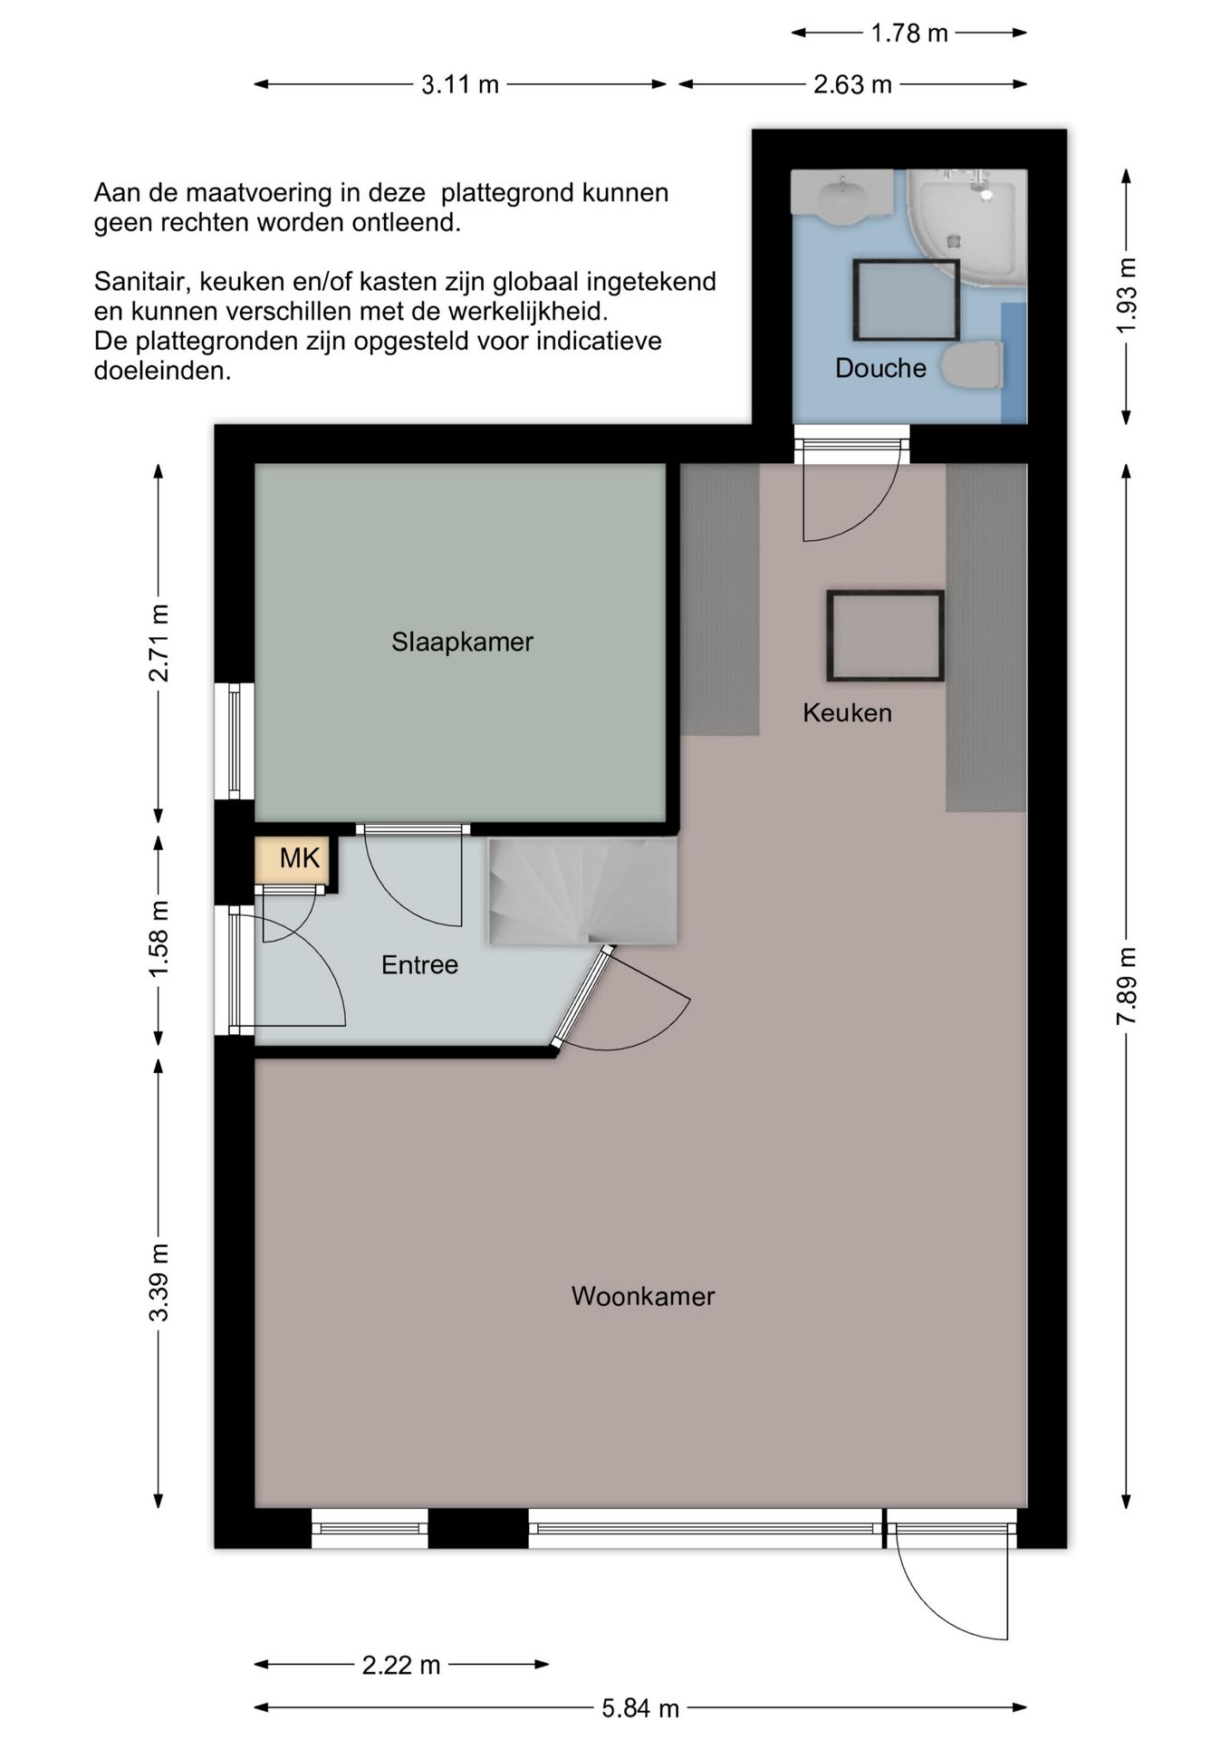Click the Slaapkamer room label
coord(462,642)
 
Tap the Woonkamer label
coord(643,1296)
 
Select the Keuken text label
coord(847,712)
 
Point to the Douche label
coord(880,368)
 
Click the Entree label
coord(419,964)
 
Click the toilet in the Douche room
coord(972,365)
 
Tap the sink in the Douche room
coord(843,196)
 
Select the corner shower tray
coord(967,227)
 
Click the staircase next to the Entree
coord(582,891)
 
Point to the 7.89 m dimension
coord(1126,986)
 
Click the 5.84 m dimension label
coord(640,1708)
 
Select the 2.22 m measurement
coord(401,1665)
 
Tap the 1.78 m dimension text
coord(909,34)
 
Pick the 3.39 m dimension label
coord(159,1282)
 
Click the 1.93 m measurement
coord(1126,295)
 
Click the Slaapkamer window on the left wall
coord(235,740)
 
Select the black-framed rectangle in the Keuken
coord(885,635)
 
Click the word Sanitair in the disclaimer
coord(142,282)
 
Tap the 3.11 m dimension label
coord(460,84)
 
